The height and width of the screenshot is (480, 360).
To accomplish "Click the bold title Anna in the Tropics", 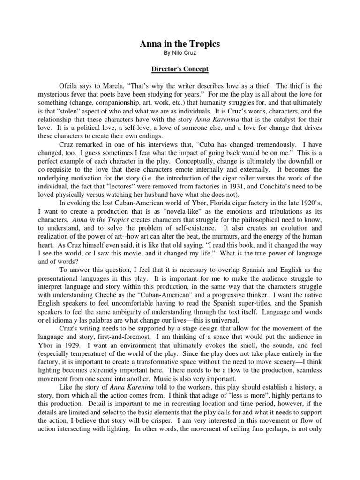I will pos(180,44).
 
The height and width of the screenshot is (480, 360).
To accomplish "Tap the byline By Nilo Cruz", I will pos(180,54).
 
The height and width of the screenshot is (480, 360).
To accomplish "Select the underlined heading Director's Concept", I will pos(180,69).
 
